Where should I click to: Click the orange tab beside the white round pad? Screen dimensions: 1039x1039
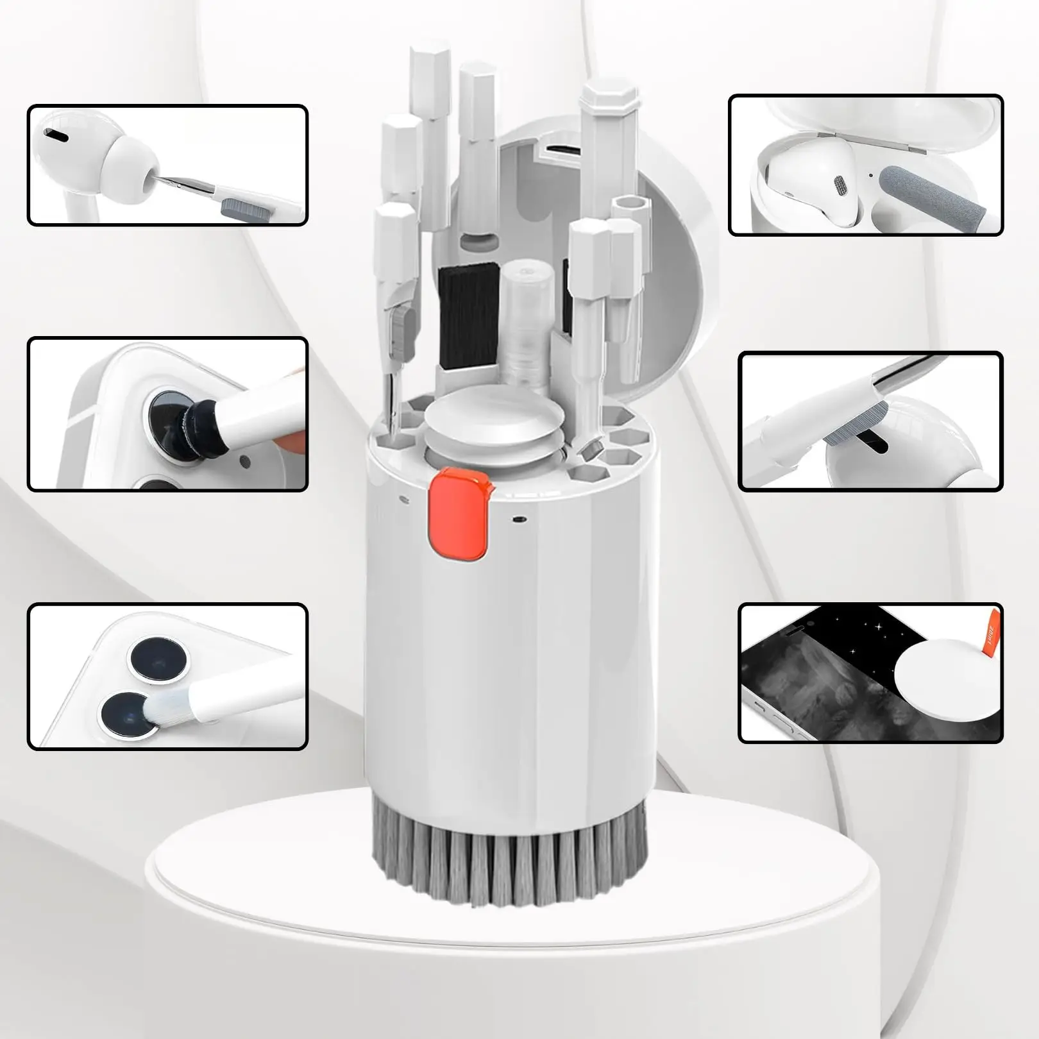pyautogui.click(x=989, y=636)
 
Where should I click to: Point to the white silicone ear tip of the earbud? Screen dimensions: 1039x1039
pyautogui.click(x=125, y=168)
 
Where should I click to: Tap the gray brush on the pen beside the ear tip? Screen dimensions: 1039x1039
pyautogui.click(x=237, y=206)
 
